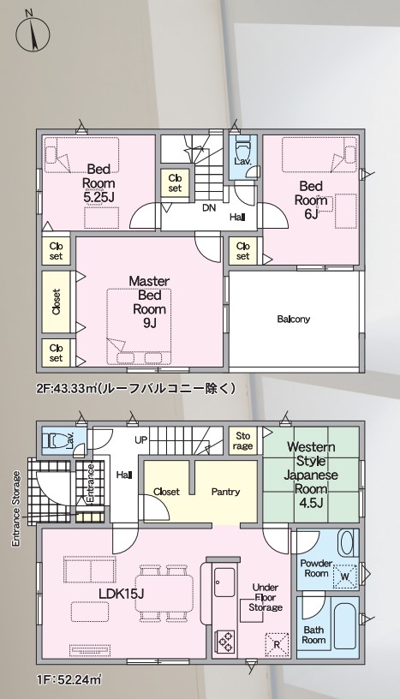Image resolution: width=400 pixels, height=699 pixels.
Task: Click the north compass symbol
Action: [33, 33]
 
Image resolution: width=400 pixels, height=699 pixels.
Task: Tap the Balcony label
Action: [294, 320]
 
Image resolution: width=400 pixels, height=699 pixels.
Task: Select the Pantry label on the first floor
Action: [225, 492]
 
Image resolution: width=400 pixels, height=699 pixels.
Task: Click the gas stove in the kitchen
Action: [225, 642]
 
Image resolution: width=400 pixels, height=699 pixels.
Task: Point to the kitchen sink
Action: [224, 582]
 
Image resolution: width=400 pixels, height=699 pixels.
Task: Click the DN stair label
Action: [209, 207]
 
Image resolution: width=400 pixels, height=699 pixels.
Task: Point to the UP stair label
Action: [141, 440]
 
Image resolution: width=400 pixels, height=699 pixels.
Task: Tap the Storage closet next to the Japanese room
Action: [243, 440]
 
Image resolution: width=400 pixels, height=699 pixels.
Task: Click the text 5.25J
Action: [99, 197]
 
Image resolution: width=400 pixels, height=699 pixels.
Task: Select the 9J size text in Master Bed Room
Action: [149, 323]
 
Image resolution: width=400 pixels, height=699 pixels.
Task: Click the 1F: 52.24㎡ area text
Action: [69, 680]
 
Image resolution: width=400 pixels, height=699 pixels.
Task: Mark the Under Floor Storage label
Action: [266, 597]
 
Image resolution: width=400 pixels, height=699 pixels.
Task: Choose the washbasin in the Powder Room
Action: [347, 542]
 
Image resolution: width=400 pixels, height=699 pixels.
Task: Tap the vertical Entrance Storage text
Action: [16, 508]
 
